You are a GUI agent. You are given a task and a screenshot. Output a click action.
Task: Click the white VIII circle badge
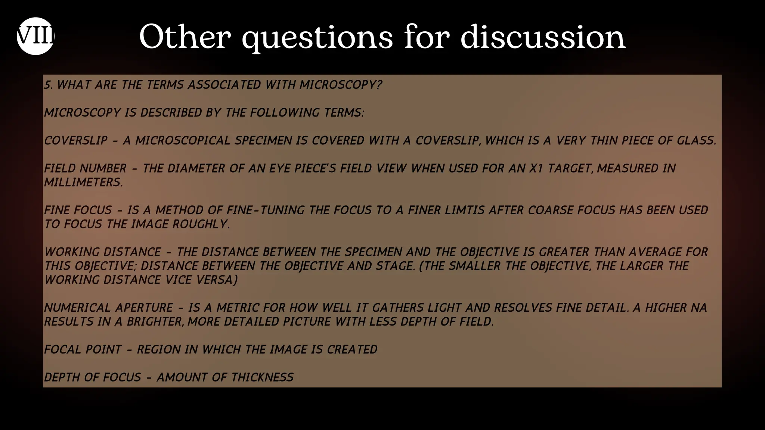35,36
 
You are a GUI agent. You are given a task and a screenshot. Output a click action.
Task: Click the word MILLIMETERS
83,182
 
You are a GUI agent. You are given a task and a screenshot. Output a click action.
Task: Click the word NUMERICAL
77,308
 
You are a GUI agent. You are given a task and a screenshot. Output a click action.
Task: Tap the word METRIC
238,308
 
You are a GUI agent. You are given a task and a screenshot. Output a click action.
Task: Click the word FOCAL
61,349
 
